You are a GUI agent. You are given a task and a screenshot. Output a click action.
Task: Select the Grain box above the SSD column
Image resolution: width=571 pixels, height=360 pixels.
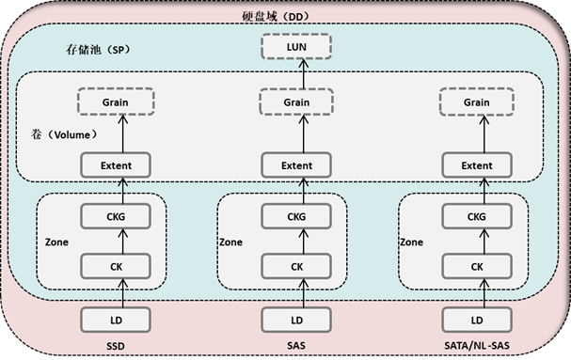tap(115, 102)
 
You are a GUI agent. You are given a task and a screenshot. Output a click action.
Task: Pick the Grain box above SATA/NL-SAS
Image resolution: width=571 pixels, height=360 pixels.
tap(476, 102)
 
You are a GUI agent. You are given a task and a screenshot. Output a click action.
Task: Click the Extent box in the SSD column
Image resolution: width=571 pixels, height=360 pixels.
tap(115, 165)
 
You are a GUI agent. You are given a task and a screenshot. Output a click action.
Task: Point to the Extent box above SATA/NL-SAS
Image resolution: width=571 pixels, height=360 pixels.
tap(476, 165)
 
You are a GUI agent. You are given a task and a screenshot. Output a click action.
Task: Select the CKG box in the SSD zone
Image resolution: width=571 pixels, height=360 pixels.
tap(115, 217)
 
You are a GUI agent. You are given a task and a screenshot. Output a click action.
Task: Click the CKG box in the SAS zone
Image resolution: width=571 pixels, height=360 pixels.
tap(296, 217)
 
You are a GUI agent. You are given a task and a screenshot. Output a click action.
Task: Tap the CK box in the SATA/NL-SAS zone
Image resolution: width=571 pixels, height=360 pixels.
tap(476, 266)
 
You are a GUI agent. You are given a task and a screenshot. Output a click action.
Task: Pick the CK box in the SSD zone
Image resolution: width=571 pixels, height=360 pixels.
tap(115, 266)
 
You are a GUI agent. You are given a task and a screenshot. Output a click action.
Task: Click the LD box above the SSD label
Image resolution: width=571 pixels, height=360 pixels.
tap(115, 320)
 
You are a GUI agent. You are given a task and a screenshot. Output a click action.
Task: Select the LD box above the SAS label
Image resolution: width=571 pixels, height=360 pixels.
tap(296, 320)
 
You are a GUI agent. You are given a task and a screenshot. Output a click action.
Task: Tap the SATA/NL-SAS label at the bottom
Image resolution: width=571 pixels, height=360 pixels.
tap(476, 345)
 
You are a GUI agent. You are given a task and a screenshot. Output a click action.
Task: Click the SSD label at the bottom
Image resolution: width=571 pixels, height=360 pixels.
tap(115, 345)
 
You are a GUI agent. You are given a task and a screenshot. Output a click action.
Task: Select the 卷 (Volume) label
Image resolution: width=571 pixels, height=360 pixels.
tap(64, 134)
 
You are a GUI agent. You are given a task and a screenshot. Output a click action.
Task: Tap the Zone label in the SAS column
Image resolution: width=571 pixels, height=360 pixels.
tap(230, 242)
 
